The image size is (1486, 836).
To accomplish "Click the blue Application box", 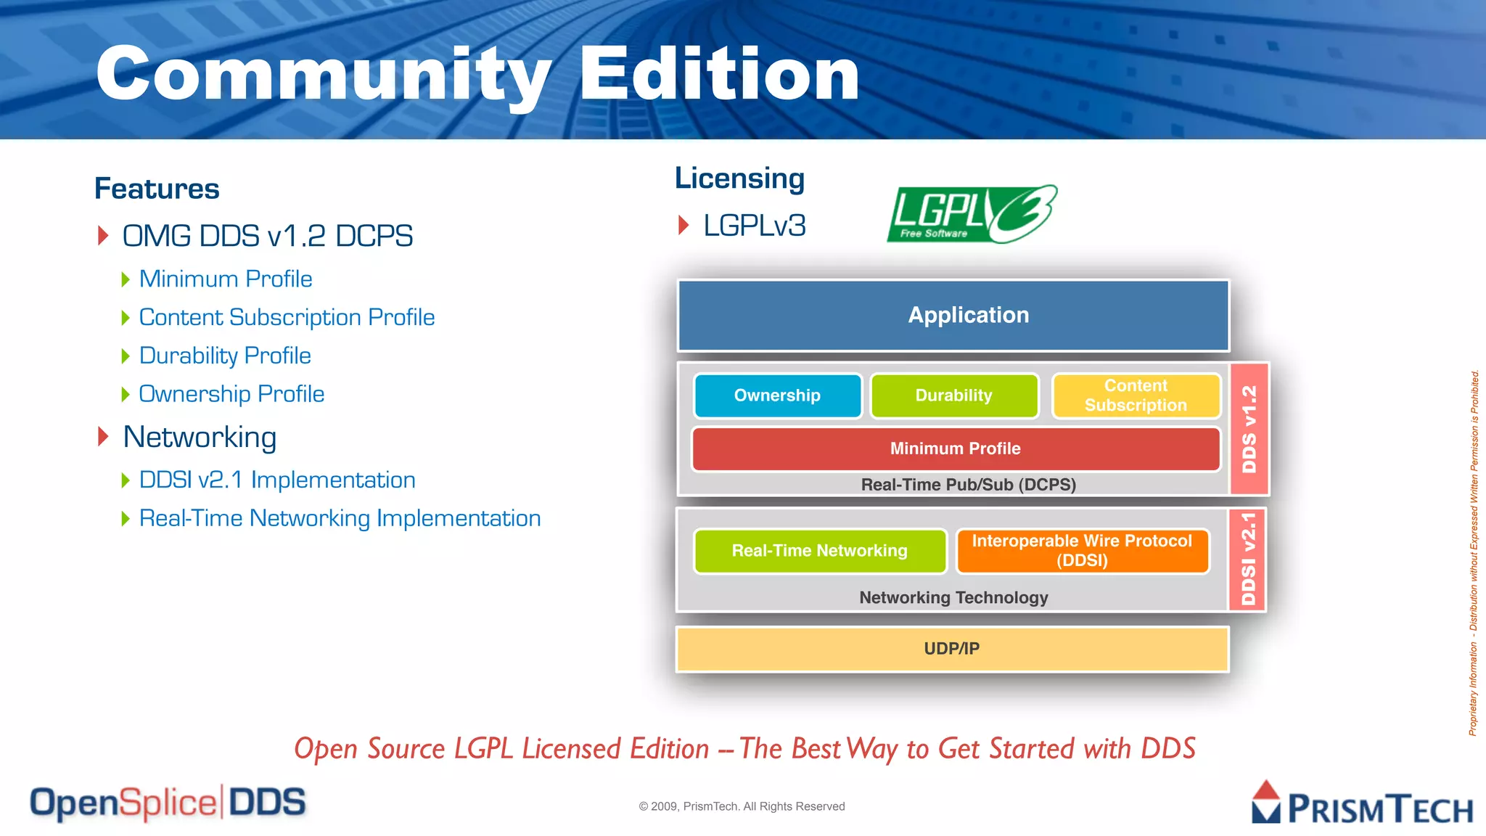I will coord(953,316).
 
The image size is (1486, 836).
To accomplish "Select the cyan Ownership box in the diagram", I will coord(777,396).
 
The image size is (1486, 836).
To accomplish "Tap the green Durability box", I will coord(953,396).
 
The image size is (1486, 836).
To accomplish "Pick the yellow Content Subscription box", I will coord(1136,396).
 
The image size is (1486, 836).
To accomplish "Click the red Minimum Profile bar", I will coord(955,448).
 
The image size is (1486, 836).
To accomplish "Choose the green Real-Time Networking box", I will coord(819,551).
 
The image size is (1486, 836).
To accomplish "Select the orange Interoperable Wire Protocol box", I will coord(1081,551).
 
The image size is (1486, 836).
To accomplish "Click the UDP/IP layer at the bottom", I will coord(951,649).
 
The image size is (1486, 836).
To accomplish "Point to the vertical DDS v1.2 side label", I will coord(1249,429).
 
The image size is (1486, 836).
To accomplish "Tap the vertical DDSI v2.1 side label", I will coord(1247,559).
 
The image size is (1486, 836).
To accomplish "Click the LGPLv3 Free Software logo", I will coord(971,214).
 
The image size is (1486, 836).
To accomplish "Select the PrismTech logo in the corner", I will coord(1362,804).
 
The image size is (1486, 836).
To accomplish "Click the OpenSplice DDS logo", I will coord(168,803).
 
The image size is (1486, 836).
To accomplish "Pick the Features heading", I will coord(157,189).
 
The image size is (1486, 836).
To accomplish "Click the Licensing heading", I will coord(739,179).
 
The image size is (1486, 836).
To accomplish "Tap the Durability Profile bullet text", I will coord(225,356).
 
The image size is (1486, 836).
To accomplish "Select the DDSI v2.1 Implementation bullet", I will coord(277,480).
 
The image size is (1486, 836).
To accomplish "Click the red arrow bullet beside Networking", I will coord(103,437).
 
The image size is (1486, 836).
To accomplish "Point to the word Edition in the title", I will coord(718,74).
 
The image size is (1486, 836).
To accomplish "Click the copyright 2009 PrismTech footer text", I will coord(742,806).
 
